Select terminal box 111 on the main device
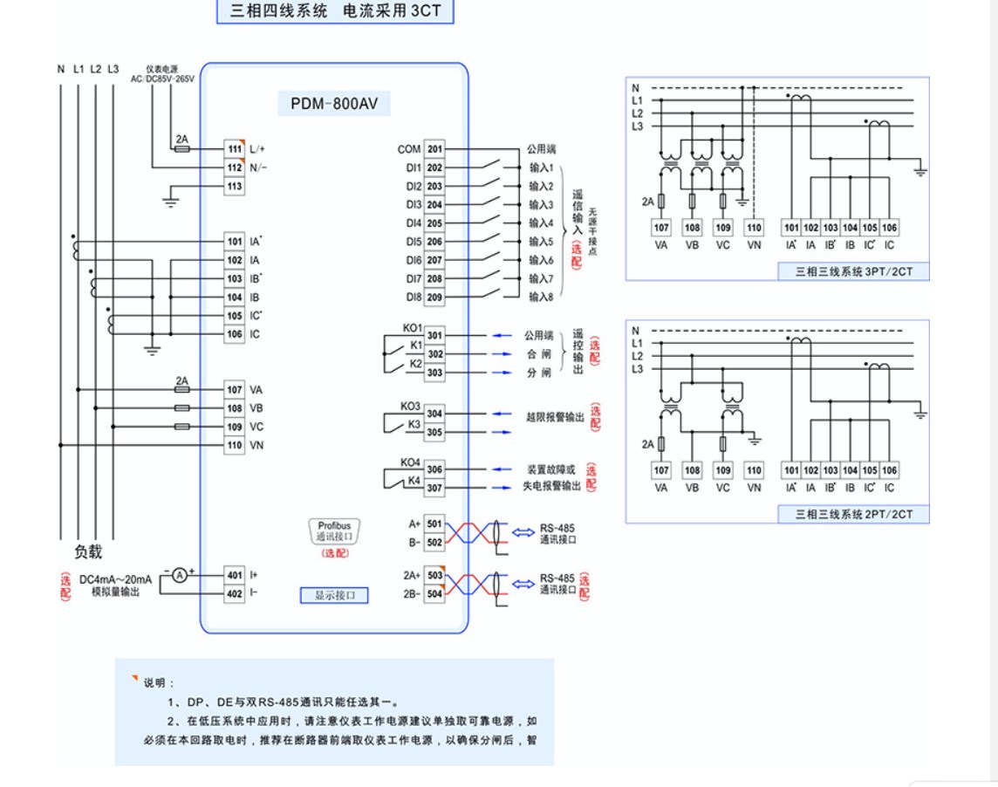coord(234,149)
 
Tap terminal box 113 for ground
coord(234,186)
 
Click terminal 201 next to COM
coord(434,149)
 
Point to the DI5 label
coord(414,242)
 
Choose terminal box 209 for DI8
coord(434,298)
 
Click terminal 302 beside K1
coord(434,354)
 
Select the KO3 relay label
coord(411,407)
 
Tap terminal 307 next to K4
coord(434,489)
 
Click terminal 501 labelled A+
coord(434,524)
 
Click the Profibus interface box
coord(334,531)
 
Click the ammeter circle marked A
coord(178,575)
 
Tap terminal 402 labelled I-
coord(234,594)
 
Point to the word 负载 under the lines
coord(88,551)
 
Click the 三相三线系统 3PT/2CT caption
coord(854,272)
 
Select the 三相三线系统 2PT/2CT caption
coord(854,515)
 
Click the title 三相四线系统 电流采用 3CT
coord(336,12)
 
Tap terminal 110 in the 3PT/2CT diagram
coord(755,228)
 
